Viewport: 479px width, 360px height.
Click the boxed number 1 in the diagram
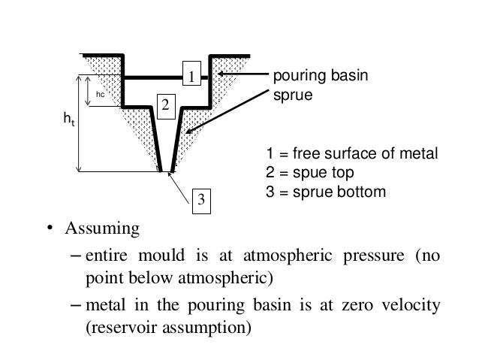click(192, 77)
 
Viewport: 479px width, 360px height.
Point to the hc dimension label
click(99, 95)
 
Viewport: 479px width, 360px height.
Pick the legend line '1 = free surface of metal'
click(351, 156)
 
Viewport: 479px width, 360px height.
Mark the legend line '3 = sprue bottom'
click(327, 192)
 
